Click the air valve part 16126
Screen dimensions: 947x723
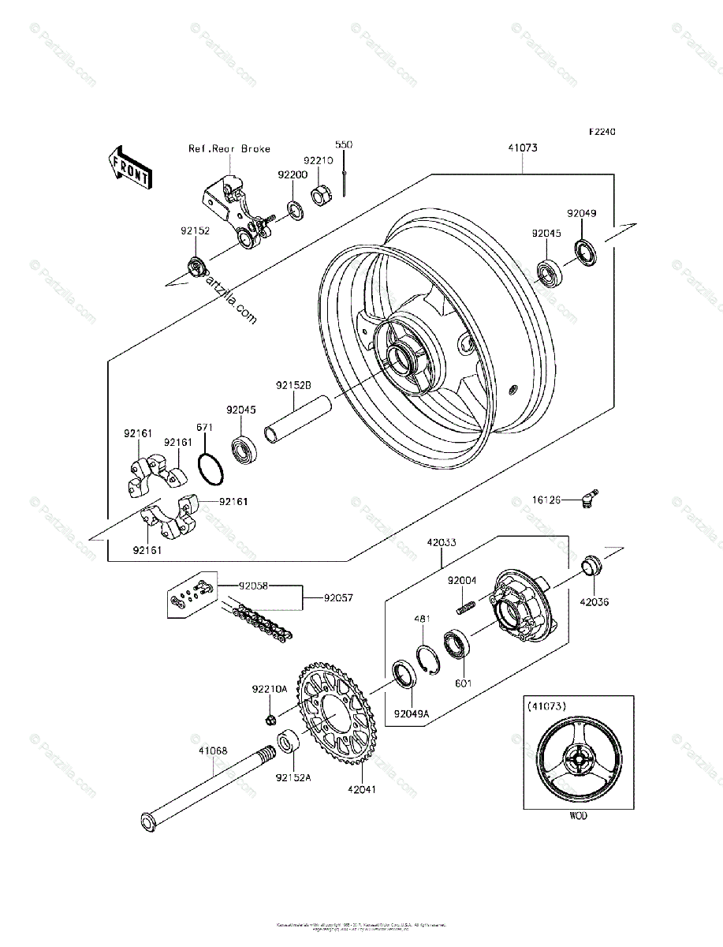click(587, 499)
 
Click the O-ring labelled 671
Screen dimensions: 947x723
click(211, 471)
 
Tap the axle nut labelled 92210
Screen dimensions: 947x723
click(321, 195)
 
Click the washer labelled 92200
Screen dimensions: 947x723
click(296, 211)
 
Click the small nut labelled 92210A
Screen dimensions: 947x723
click(270, 720)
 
